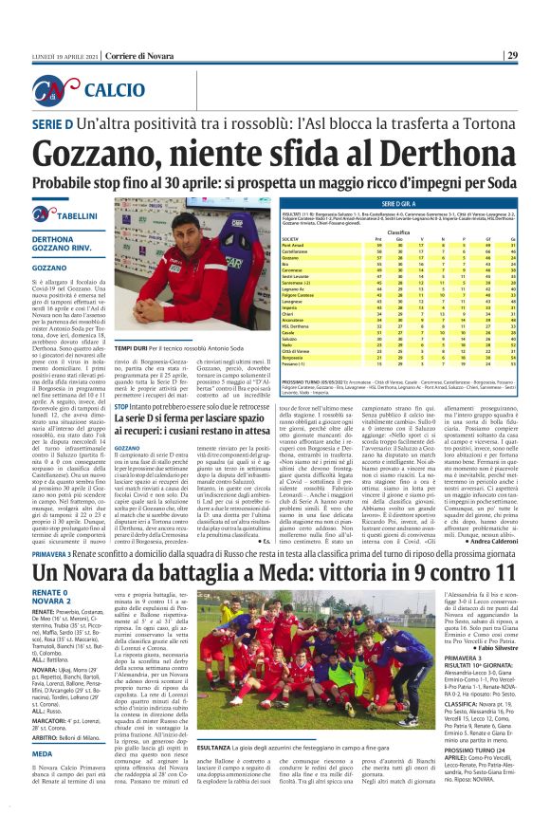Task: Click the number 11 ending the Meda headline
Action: coord(504,547)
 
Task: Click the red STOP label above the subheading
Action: coord(120,405)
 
